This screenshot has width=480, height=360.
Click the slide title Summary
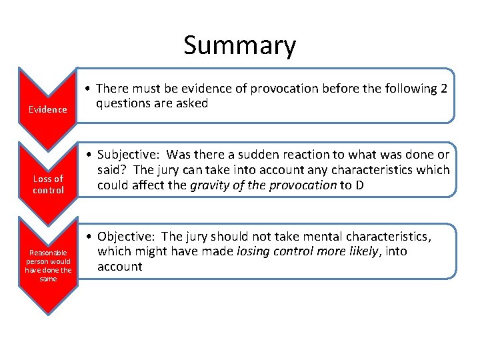tap(239, 45)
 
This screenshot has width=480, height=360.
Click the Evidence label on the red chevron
tap(47, 109)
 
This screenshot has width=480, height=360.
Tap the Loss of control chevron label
tap(49, 184)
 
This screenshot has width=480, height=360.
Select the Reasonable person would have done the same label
tap(48, 265)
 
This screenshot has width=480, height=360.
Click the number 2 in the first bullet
tap(444, 89)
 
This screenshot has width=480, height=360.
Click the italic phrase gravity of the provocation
tap(263, 185)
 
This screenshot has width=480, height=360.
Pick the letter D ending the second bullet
tap(359, 185)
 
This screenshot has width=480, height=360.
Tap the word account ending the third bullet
tap(120, 266)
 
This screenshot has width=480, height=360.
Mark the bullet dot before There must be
tap(87, 89)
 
